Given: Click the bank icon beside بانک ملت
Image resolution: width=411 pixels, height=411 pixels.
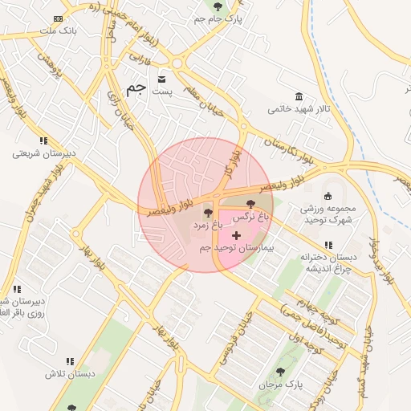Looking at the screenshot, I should click(58, 18).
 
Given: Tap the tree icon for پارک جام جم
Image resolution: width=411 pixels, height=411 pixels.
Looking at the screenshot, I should click(218, 6).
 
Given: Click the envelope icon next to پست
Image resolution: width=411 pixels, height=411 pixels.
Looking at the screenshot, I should click(163, 79).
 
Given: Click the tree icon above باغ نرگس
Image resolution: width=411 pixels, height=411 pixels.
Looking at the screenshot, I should click(251, 205).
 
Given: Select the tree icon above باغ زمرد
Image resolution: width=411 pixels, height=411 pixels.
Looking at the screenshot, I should click(209, 214).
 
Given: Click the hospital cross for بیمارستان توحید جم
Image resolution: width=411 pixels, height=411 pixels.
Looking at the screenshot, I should click(236, 235).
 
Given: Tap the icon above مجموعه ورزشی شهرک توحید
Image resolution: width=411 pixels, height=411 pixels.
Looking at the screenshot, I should click(328, 196).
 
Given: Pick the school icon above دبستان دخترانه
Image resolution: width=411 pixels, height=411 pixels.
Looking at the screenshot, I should click(328, 245).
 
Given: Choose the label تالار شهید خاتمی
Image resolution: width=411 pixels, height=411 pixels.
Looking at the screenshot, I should click(299, 108).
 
